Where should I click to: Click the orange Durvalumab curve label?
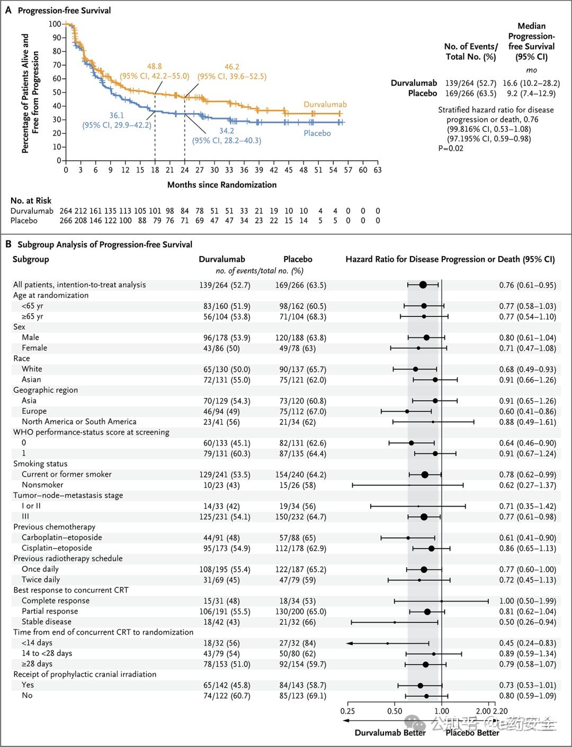pyautogui.click(x=325, y=104)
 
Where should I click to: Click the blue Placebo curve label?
pyautogui.click(x=317, y=133)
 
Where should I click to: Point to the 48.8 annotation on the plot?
pyautogui.click(x=154, y=67)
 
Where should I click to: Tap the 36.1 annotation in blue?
pyautogui.click(x=117, y=115)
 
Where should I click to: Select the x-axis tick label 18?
pyautogui.click(x=155, y=170)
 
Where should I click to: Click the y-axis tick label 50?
pyautogui.click(x=56, y=92)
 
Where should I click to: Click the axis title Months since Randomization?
pyautogui.click(x=222, y=185)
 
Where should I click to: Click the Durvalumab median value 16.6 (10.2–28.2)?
pyautogui.click(x=531, y=83)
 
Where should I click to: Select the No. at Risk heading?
pyautogui.click(x=31, y=201)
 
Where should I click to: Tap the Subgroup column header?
pyautogui.click(x=31, y=259)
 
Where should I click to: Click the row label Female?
pyautogui.click(x=34, y=348)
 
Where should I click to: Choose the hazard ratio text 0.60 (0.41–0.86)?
pyautogui.click(x=528, y=412)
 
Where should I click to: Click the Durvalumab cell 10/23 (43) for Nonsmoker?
pyautogui.click(x=221, y=485)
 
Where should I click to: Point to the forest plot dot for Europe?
pyautogui.click(x=407, y=411)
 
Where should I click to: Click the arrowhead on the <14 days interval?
pyautogui.click(x=349, y=643)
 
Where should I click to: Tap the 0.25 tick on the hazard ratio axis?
pyautogui.click(x=348, y=711)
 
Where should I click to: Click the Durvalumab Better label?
pyautogui.click(x=390, y=733)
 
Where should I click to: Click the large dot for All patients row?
pyautogui.click(x=423, y=285)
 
